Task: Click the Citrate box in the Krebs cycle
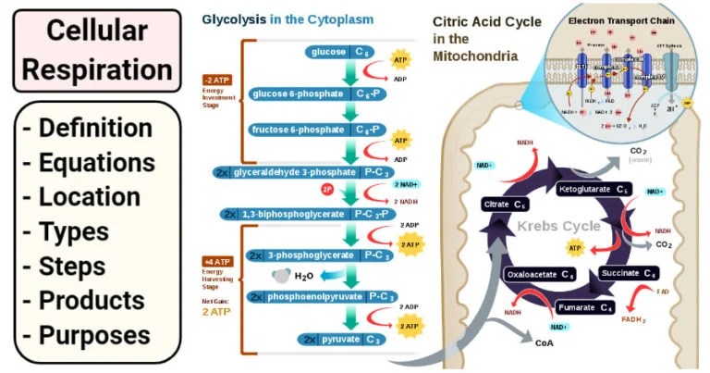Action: (x=508, y=204)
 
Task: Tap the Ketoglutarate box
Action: (x=595, y=190)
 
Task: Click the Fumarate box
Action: (x=584, y=306)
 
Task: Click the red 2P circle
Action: (x=326, y=191)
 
